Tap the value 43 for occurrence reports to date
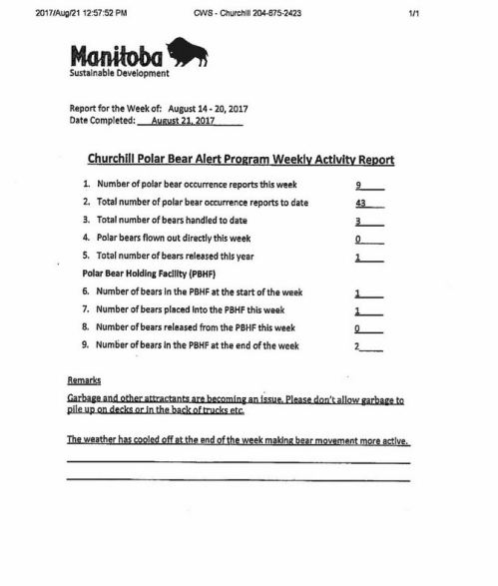(x=360, y=203)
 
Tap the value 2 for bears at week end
(x=357, y=346)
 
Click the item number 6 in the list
(x=86, y=293)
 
